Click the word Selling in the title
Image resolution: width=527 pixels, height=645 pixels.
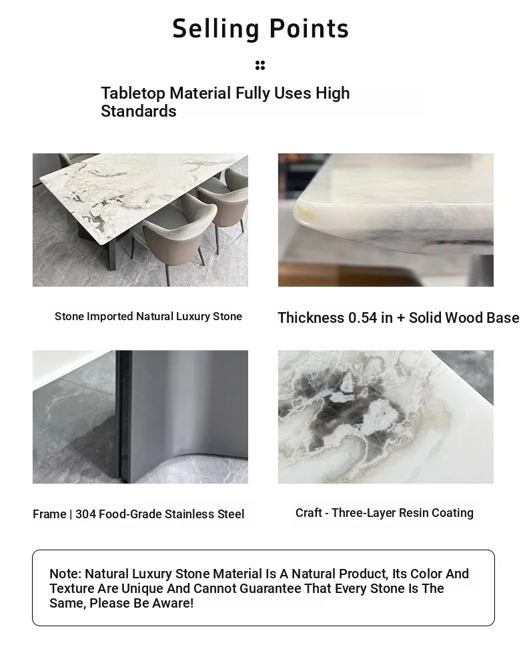215,29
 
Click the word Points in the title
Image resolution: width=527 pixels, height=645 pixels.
309,29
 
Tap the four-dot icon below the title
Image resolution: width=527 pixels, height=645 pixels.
260,65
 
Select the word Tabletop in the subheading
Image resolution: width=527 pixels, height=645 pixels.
133,93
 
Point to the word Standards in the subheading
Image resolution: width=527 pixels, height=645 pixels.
139,111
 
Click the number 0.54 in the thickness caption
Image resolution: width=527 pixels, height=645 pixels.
362,317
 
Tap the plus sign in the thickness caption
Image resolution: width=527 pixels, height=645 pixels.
401,318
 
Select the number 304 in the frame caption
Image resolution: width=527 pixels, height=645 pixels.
85,514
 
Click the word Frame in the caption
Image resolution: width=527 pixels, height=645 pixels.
49,514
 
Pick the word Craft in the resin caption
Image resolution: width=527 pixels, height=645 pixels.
309,512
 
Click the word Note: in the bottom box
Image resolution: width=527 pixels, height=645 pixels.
65,574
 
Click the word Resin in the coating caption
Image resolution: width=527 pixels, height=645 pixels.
414,512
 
